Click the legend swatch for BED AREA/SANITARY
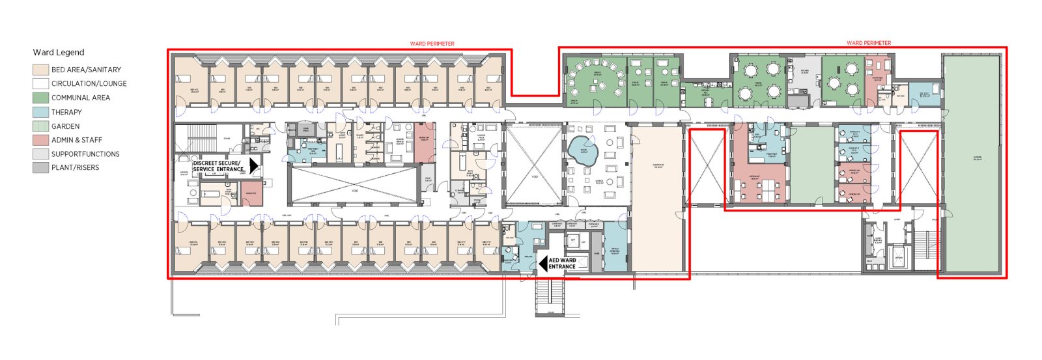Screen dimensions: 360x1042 [x=40, y=70]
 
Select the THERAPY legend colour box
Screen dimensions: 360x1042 [x=40, y=112]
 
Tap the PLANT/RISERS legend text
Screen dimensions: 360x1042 [x=75, y=168]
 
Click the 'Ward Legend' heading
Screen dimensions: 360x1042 [x=59, y=52]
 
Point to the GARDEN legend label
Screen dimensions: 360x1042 [x=65, y=126]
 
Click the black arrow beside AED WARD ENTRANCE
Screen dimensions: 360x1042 [x=542, y=264]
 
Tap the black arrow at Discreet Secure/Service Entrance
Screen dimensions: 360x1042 [x=253, y=166]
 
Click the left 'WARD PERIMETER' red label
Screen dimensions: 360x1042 [x=432, y=44]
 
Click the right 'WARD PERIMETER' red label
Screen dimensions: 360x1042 [x=868, y=43]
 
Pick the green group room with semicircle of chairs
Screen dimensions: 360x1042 [x=595, y=78]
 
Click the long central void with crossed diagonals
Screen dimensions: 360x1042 [x=354, y=186]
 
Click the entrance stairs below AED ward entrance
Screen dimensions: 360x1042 [x=550, y=297]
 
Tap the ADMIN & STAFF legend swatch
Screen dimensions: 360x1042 [x=40, y=140]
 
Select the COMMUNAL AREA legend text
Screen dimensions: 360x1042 [x=80, y=98]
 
